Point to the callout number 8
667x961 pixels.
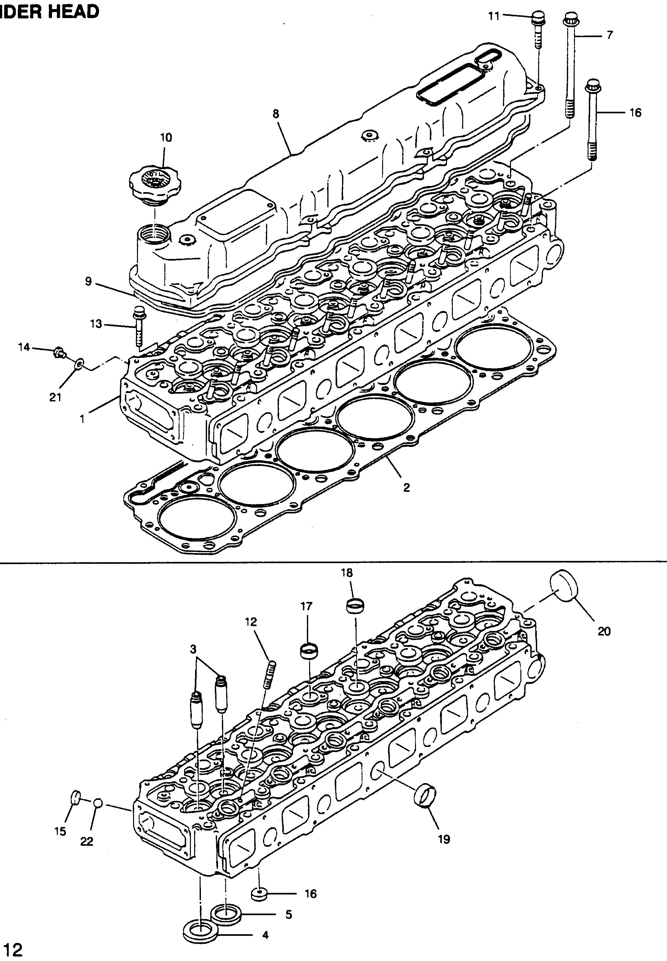(276, 114)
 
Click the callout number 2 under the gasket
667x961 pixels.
(407, 487)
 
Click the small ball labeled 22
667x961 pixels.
(98, 803)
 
